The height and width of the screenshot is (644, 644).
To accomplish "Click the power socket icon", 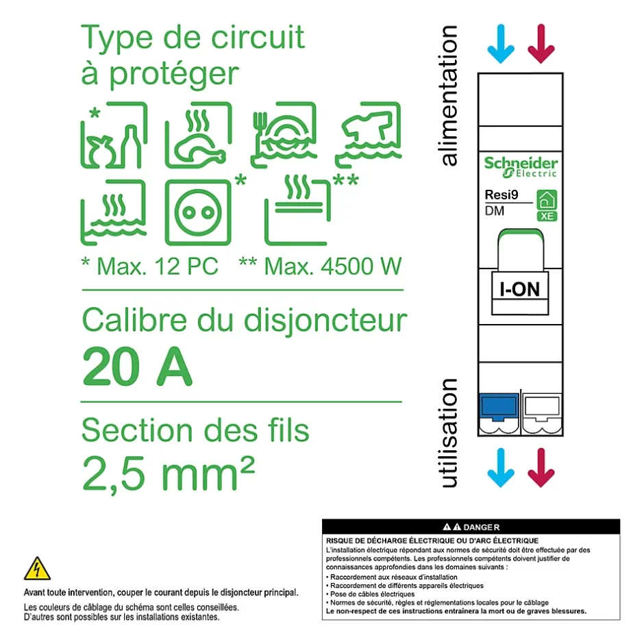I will (x=197, y=212).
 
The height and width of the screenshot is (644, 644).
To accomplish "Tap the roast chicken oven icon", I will (x=197, y=135).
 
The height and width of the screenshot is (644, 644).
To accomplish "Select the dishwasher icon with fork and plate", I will (x=284, y=135).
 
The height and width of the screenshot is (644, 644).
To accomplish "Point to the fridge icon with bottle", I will (x=114, y=137).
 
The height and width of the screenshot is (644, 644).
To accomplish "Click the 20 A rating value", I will (x=137, y=367).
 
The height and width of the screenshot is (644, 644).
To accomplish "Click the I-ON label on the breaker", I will (x=520, y=289).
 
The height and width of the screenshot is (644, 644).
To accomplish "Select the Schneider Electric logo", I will (x=521, y=166).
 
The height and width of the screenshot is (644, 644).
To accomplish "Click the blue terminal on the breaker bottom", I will (x=499, y=408).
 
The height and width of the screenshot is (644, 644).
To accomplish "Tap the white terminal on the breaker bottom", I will (x=542, y=408).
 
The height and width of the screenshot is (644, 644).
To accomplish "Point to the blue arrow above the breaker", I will (x=501, y=45).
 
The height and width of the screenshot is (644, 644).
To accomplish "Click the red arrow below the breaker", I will (x=541, y=468).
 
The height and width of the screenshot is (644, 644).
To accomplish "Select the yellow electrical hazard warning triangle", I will (x=37, y=569).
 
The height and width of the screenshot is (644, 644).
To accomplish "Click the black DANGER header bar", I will (x=471, y=527).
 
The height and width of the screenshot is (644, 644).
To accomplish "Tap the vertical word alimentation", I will (x=449, y=96).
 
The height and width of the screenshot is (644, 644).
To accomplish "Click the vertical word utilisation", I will (x=449, y=433).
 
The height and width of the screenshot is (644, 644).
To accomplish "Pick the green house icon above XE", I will (x=546, y=199).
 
